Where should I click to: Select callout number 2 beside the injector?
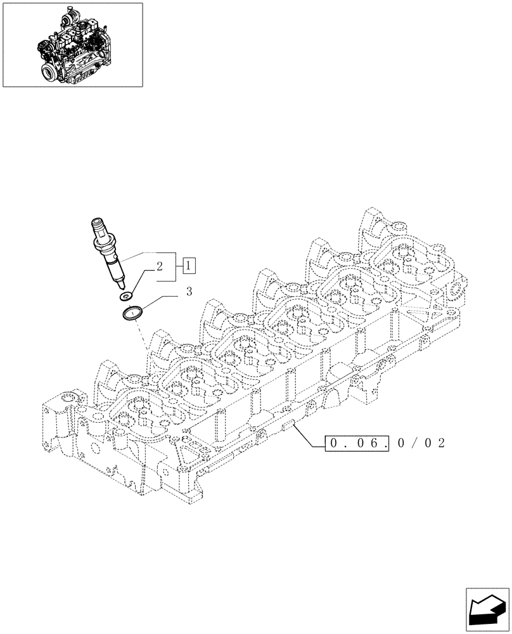(x=160, y=267)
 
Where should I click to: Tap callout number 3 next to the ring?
(x=189, y=292)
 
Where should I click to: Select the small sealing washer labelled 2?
(x=126, y=295)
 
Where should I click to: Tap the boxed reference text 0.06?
(x=356, y=443)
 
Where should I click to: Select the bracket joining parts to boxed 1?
(x=174, y=266)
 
